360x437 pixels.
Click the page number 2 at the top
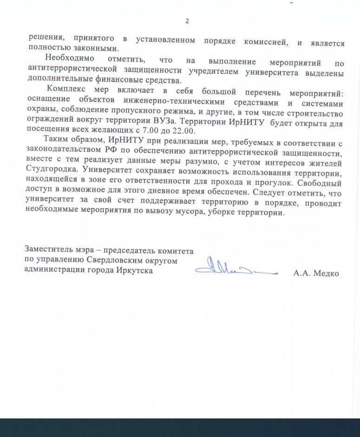187,21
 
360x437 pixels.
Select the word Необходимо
70,59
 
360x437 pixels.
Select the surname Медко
326,274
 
